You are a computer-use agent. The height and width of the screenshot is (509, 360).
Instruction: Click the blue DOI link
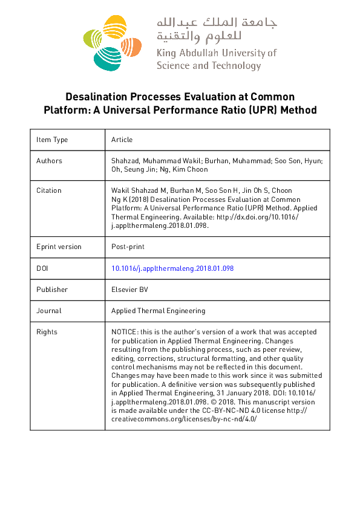point(172,268)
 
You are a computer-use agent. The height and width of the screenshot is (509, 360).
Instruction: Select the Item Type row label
point(52,140)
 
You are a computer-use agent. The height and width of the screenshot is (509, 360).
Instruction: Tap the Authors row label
point(49,161)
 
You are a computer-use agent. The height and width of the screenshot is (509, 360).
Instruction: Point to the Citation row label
point(49,190)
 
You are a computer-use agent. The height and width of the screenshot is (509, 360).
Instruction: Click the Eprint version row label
point(59,247)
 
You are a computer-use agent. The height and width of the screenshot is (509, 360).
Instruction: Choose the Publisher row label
point(52,290)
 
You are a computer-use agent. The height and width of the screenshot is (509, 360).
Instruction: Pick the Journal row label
point(49,311)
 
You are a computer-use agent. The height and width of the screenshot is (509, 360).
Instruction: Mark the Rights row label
point(47,332)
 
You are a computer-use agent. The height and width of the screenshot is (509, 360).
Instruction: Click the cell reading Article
point(122,140)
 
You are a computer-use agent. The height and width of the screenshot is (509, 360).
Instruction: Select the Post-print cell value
point(128,247)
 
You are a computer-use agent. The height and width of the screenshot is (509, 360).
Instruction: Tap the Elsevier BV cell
point(129,290)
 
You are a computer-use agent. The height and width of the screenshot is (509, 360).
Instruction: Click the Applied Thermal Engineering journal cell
point(158,311)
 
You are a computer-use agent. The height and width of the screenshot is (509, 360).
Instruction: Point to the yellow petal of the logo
point(113,28)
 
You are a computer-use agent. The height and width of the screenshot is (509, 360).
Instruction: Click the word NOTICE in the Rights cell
point(123,332)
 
